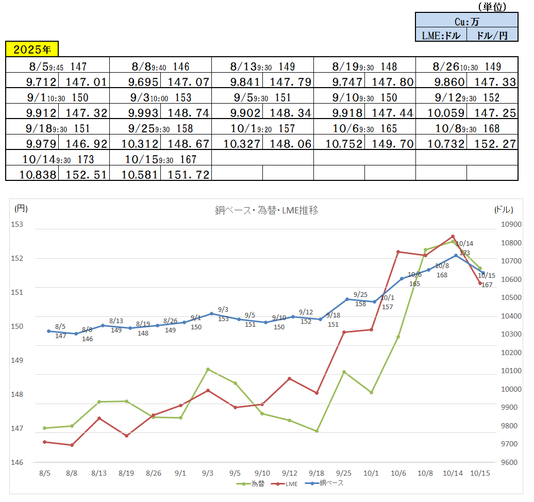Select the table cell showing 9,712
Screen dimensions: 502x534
pos(32,81)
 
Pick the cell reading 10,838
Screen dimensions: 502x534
pos(32,174)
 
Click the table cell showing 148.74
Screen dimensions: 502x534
pos(185,112)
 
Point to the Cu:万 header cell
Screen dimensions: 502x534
pos(466,22)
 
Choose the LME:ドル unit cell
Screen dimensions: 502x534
pos(441,35)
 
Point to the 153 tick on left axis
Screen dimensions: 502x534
pos(18,224)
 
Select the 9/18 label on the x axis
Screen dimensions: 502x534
pos(316,473)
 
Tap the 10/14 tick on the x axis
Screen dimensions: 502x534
pos(453,473)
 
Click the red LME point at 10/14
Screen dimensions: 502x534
pos(453,237)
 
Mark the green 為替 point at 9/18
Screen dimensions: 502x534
pos(316,431)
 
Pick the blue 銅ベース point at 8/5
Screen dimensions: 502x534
pos(48,331)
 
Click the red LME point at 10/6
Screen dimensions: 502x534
pos(398,252)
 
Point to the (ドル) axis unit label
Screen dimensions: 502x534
pos(503,209)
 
